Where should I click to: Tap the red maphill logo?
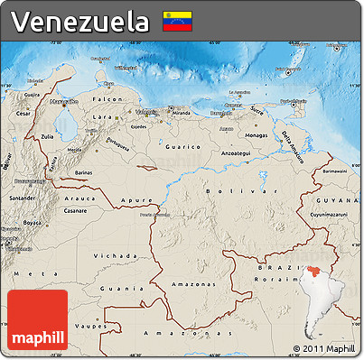(x=37, y=320)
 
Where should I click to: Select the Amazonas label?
(x=189, y=283)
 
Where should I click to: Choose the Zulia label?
(x=47, y=136)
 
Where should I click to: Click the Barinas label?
(x=83, y=170)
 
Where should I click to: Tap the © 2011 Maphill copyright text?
(x=323, y=348)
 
